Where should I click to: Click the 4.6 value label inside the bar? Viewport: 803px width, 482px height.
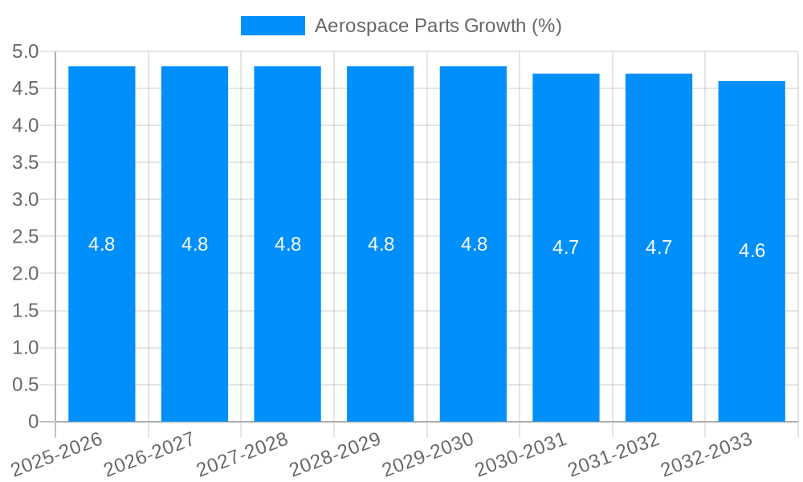click(x=752, y=251)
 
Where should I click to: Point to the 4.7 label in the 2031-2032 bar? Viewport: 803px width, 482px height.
click(x=658, y=247)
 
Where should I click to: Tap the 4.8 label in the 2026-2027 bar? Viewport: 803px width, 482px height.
click(x=195, y=244)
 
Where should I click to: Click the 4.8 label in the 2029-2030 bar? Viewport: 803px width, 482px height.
click(x=474, y=244)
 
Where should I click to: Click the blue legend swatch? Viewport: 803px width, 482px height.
click(x=273, y=26)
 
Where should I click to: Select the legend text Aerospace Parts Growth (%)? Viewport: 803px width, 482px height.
click(x=438, y=26)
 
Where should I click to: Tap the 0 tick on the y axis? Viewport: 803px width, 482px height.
click(x=33, y=422)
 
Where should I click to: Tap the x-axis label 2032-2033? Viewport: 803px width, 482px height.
click(x=706, y=454)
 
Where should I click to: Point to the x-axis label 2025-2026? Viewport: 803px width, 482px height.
click(x=57, y=454)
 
